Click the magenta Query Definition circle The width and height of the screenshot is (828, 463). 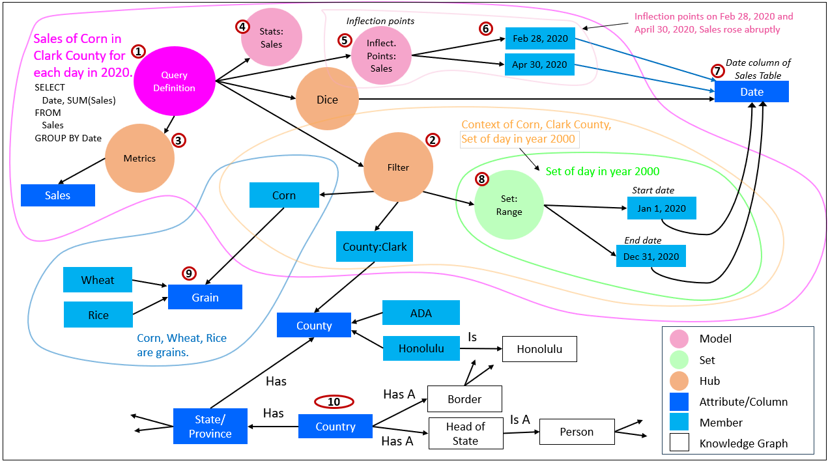coord(175,81)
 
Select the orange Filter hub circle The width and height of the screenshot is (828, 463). coord(398,167)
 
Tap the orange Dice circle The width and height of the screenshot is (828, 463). coord(327,100)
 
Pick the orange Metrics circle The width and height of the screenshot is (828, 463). coord(139,158)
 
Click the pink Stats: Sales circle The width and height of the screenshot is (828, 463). coord(272,38)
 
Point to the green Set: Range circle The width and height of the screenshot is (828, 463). coord(509,205)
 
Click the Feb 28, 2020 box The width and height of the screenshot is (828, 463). coord(540,38)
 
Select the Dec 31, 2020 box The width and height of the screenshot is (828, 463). coord(651,257)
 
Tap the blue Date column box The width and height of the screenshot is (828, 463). coord(751,92)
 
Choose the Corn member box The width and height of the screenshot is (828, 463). coord(284,195)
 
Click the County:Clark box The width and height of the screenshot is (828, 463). coord(375,247)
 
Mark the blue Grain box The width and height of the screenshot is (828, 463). coord(205,298)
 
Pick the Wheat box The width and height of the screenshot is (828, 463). coord(98,280)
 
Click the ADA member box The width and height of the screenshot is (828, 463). coord(421,313)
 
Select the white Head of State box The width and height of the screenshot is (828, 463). coord(466,434)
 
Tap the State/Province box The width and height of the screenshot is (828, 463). coord(210,427)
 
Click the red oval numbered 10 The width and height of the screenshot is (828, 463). coord(334,402)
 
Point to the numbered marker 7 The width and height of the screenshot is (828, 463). coord(717,70)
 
